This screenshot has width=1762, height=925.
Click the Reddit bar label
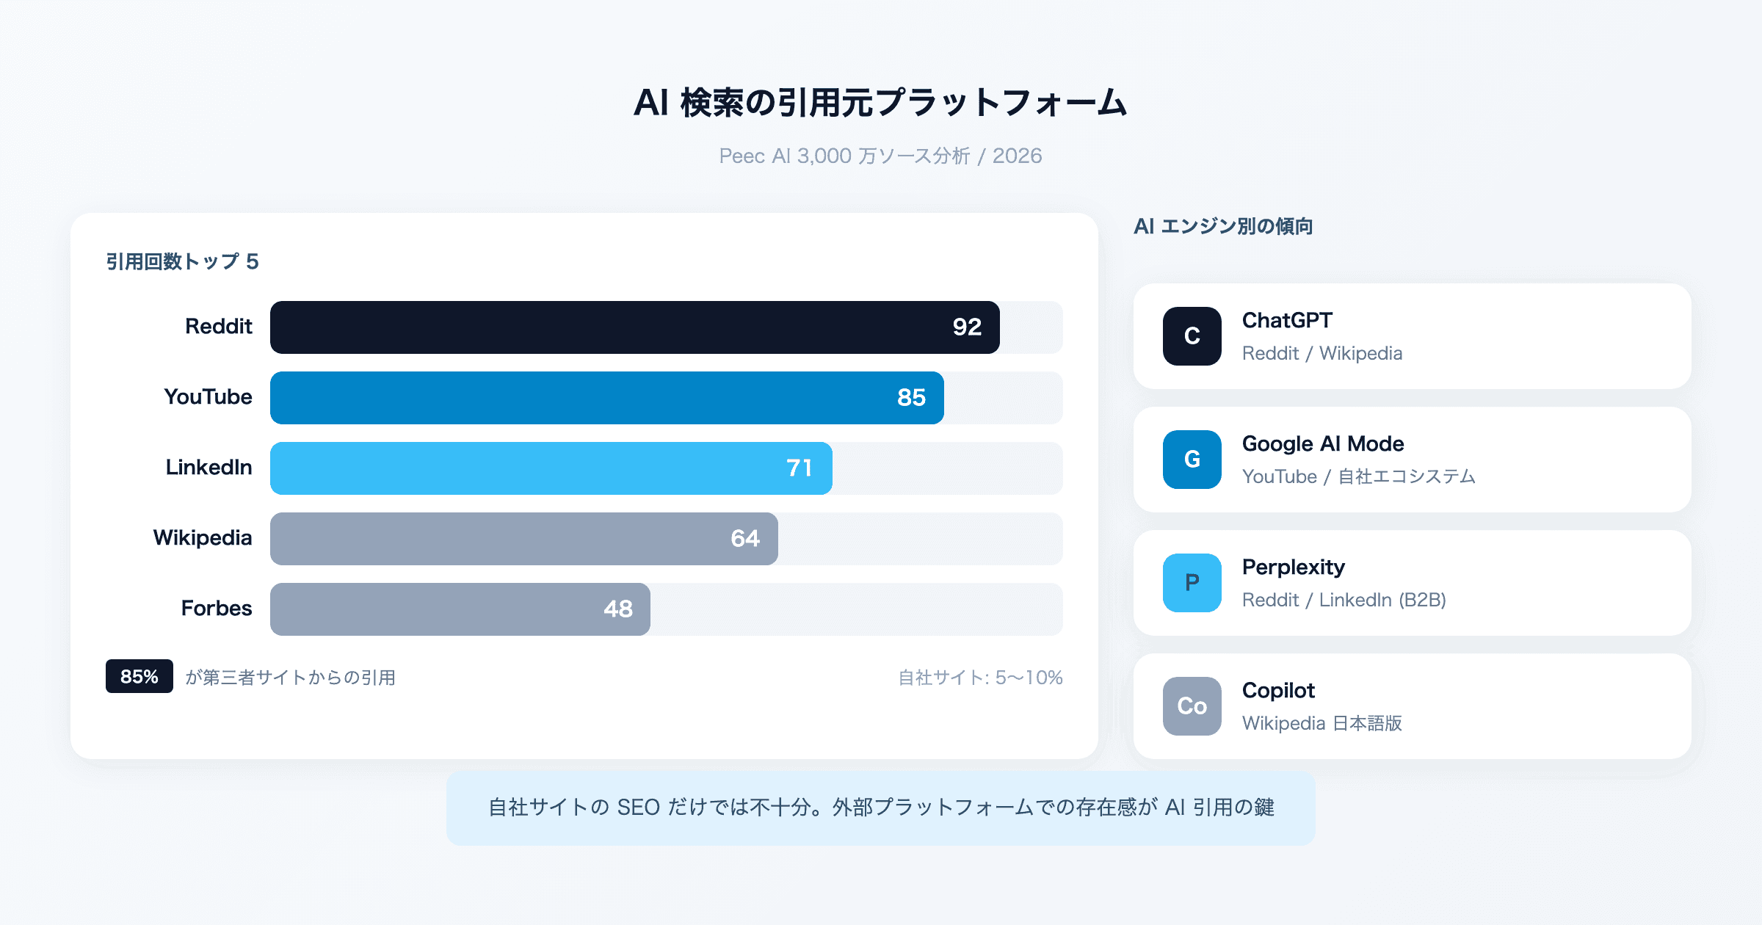pos(218,327)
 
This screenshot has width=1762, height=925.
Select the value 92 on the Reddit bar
pos(967,327)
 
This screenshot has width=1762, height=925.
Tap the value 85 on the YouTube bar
pos(911,398)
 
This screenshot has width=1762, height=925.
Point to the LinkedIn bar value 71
pos(799,468)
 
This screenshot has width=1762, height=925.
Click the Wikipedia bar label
pos(202,538)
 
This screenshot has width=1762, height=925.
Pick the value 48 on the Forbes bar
pos(617,609)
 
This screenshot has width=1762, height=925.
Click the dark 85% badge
pos(139,676)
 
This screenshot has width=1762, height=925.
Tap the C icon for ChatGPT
pos(1192,336)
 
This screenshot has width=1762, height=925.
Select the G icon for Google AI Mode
pos(1192,460)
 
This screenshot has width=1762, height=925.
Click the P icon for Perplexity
pos(1192,583)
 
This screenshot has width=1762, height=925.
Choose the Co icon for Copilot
pos(1192,706)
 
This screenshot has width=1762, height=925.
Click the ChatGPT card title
pos(1287,321)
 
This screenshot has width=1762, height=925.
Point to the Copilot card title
pos(1278,691)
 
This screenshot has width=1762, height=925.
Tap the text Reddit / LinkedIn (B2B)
pos(1344,601)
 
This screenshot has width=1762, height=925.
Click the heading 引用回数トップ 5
pos(182,262)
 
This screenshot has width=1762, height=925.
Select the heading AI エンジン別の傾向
pos(1223,226)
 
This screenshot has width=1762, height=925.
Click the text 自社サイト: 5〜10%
pos(980,678)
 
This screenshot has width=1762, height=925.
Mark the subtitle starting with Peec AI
pos(880,156)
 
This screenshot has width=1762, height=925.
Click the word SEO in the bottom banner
pos(638,808)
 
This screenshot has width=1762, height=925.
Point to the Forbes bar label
pos(216,609)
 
